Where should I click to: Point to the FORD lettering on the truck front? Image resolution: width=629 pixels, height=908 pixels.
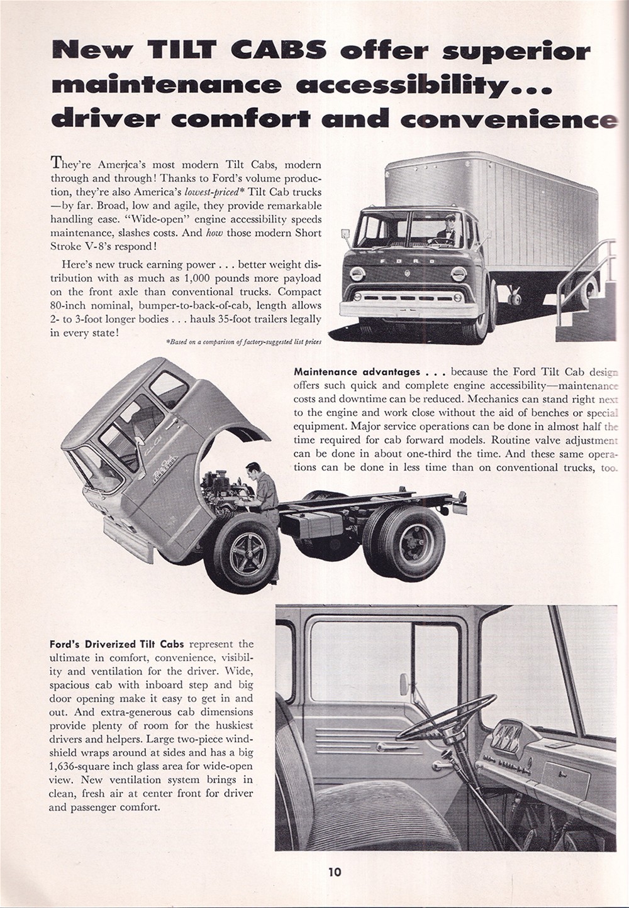[409, 260]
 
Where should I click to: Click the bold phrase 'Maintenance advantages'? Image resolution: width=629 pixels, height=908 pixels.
[357, 372]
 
